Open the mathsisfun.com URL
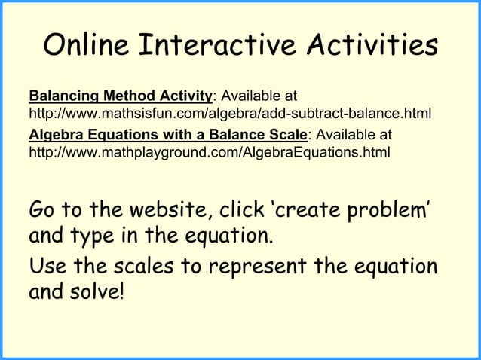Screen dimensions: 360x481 click(x=229, y=115)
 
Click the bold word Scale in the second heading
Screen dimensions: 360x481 click(x=288, y=135)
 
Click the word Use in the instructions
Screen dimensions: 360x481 click(x=46, y=267)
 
